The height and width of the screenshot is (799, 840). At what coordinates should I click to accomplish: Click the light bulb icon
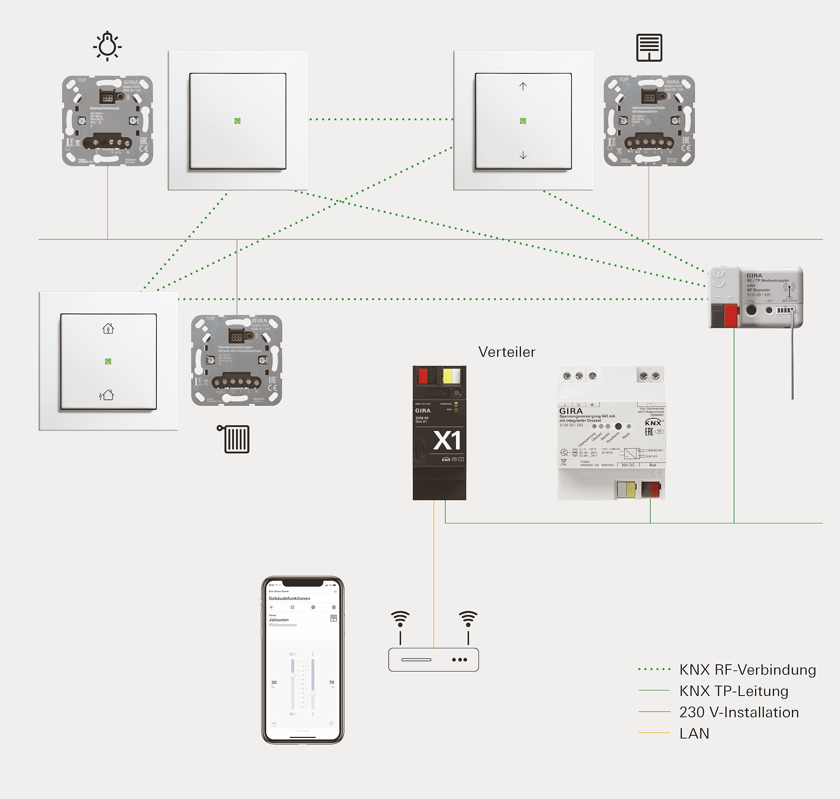point(107,46)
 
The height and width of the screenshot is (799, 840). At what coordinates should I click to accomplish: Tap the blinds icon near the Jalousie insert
point(649,47)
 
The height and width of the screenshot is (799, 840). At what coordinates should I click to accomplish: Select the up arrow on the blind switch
point(523,86)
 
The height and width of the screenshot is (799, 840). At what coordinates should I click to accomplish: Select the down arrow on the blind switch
point(523,156)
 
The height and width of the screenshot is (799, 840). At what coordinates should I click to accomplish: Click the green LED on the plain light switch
point(237,121)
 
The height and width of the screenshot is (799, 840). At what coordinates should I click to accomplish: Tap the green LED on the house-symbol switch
point(108,361)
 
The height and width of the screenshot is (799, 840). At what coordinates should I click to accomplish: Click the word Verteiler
point(507,352)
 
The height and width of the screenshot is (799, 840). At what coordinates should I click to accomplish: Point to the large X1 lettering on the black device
point(446,440)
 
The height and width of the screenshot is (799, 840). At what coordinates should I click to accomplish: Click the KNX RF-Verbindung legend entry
point(747,669)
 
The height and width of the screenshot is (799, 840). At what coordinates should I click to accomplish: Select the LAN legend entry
point(694,733)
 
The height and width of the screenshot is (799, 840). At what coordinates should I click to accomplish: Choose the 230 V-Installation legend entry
point(738,712)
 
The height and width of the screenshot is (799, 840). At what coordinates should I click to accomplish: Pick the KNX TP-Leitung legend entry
point(733,691)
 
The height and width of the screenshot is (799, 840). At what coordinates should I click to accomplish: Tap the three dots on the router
point(459,660)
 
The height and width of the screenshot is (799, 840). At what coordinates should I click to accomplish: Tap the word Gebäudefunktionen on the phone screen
point(289,598)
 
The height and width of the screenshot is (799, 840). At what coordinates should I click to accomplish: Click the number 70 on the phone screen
point(331,682)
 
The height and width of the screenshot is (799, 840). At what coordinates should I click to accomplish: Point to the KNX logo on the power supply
point(653,423)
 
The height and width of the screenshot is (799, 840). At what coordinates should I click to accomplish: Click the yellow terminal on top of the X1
point(448,376)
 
